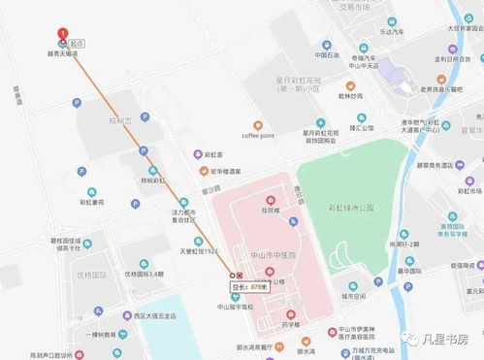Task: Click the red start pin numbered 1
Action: (63, 32)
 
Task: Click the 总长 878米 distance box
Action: (248, 287)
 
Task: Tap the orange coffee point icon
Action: (258, 124)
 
